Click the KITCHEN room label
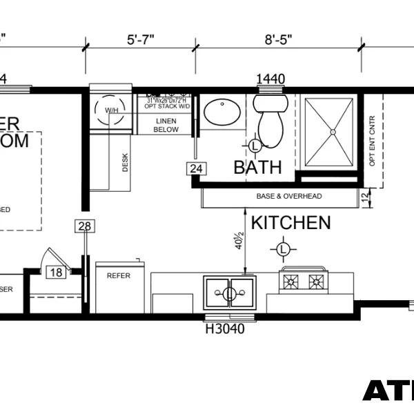tap(290, 223)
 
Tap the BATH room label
tap(257, 167)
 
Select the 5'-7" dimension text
tap(140, 39)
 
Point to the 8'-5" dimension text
tap(279, 39)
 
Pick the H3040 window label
tap(225, 329)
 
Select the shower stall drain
tap(333, 130)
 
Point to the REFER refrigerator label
tap(118, 275)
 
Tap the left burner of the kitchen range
tap(290, 281)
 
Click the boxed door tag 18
tap(55, 273)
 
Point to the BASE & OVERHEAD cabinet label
tap(289, 197)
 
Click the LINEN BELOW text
tap(166, 125)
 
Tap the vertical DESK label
tap(126, 161)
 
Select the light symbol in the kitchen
tap(283, 248)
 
